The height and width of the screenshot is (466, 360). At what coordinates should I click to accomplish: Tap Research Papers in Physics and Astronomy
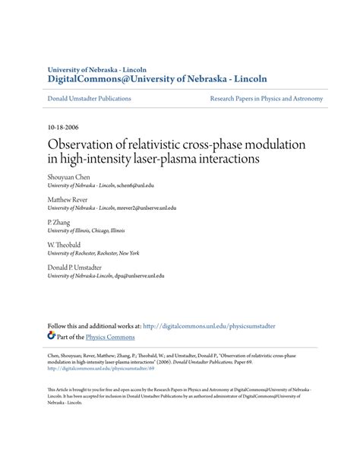coord(267,99)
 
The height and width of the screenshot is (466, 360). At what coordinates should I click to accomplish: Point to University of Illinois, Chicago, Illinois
coord(87,230)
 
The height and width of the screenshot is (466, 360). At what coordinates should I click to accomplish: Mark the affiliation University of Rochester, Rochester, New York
coord(93,253)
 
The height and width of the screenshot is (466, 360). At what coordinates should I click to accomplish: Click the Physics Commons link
coord(109,337)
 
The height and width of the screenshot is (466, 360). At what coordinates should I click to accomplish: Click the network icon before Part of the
coord(52,335)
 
